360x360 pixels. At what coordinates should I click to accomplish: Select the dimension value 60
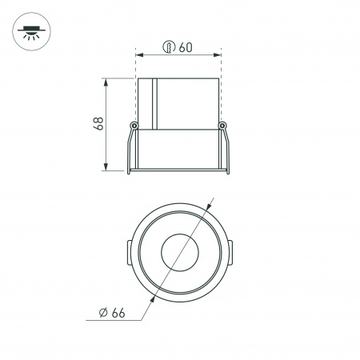pyautogui.click(x=186, y=47)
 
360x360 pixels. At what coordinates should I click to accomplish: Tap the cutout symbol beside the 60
pyautogui.click(x=169, y=47)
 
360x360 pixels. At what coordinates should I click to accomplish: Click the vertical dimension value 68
pyautogui.click(x=98, y=124)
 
